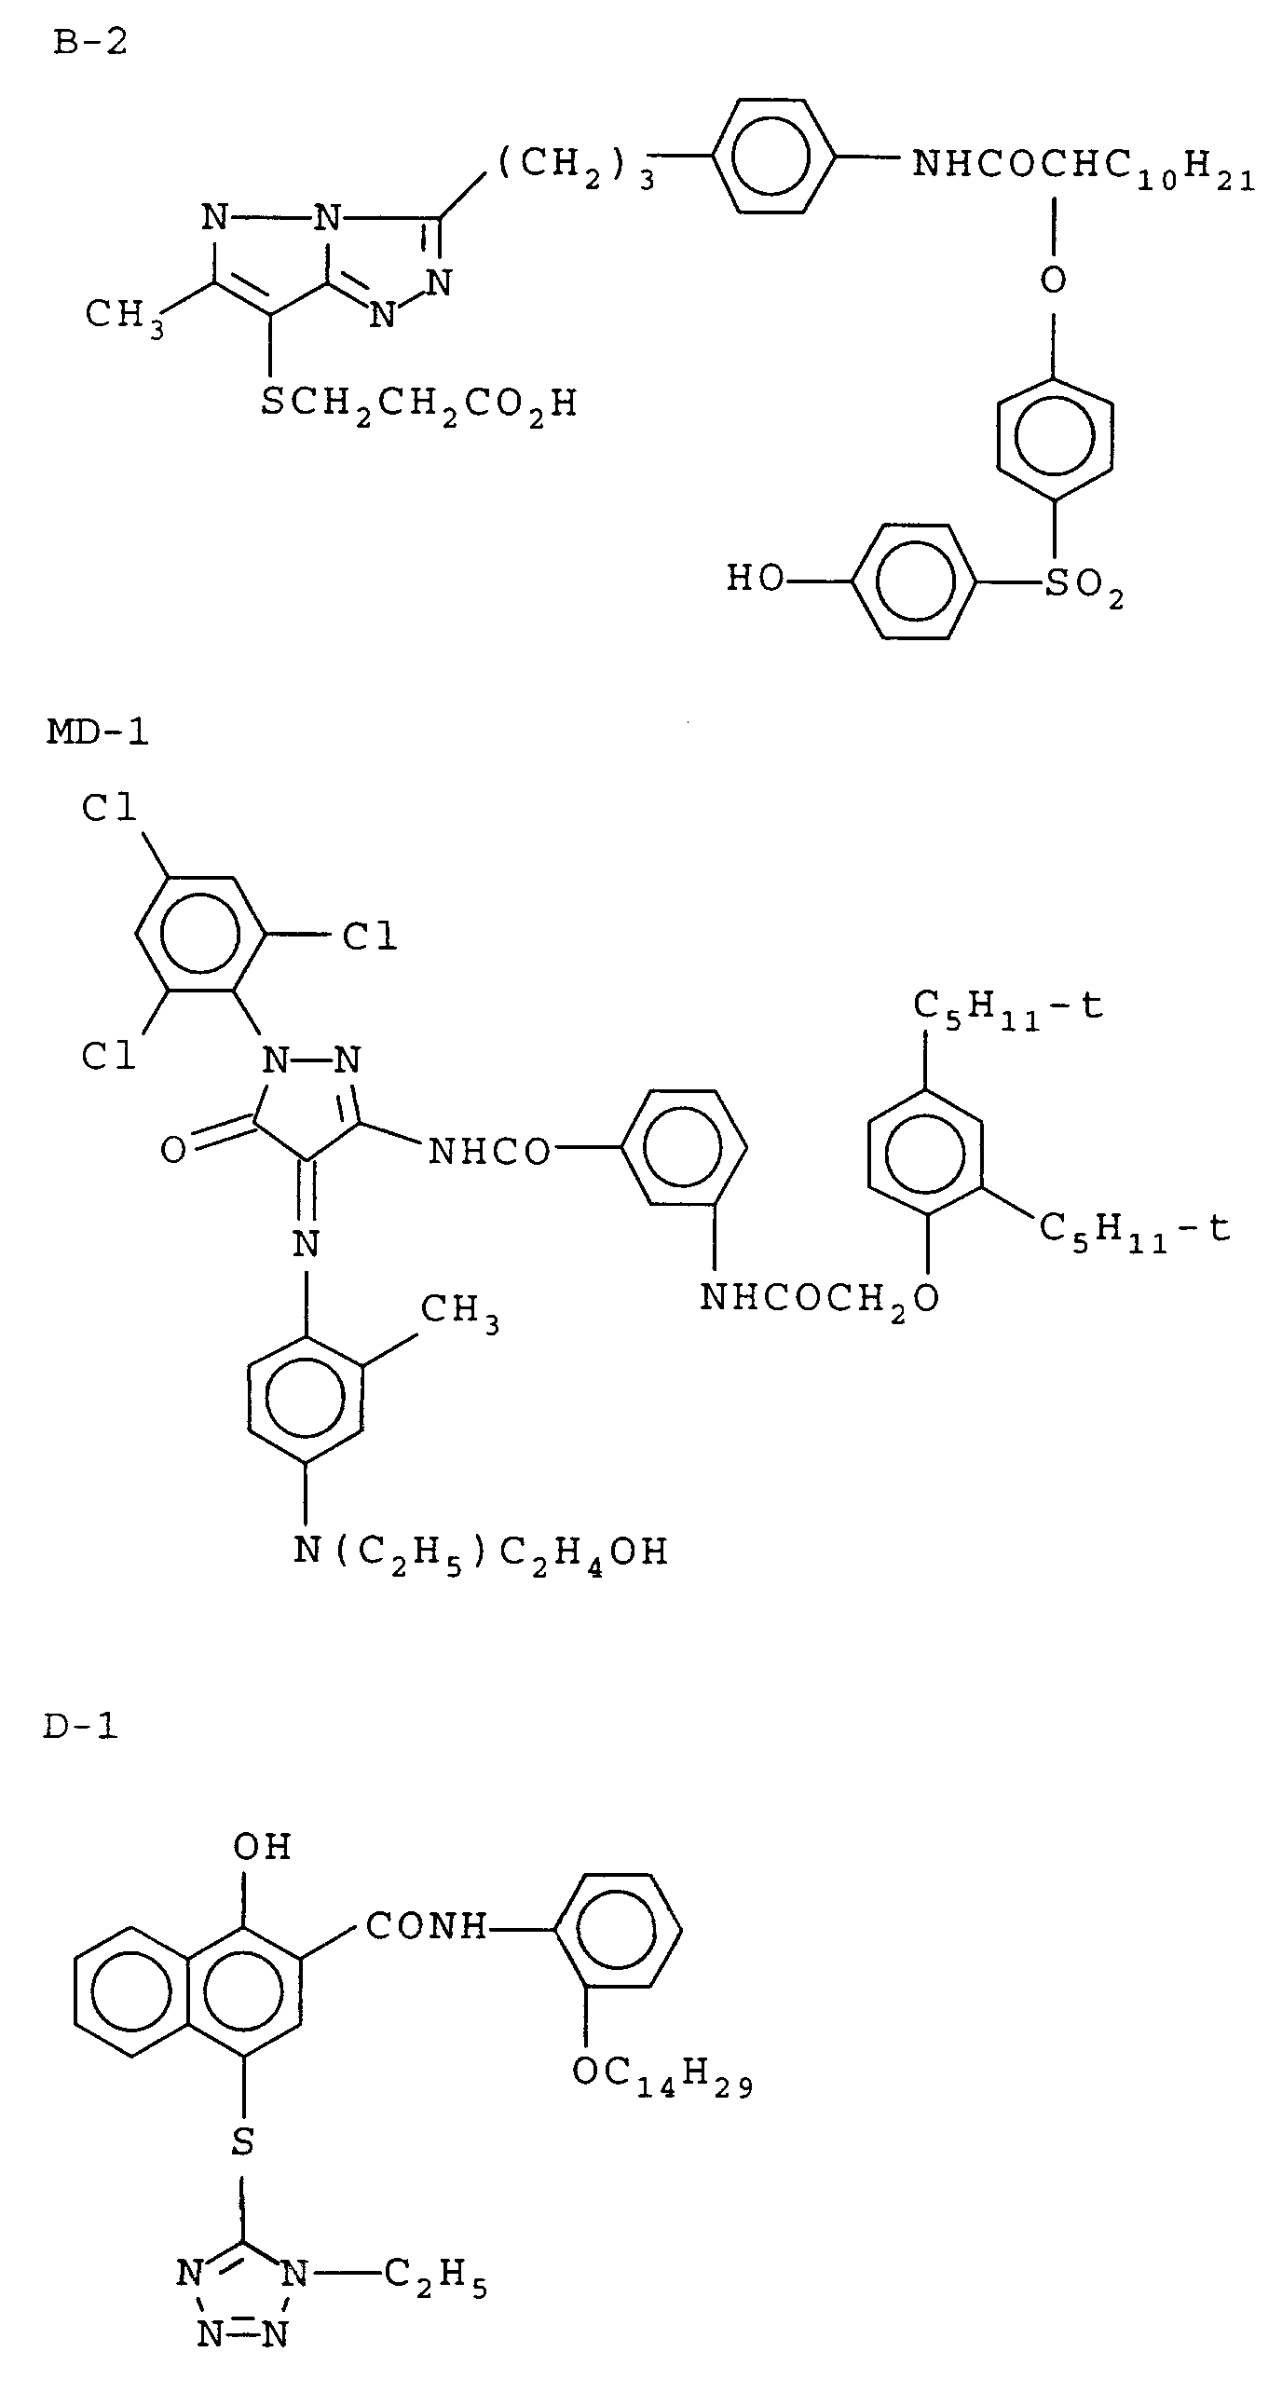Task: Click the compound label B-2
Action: pos(89,43)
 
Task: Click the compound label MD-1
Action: pos(97,732)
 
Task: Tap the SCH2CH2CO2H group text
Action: pos(418,404)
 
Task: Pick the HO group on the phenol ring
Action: pos(755,580)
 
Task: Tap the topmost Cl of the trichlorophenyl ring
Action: pos(109,809)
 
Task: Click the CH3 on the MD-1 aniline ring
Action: pos(459,1312)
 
